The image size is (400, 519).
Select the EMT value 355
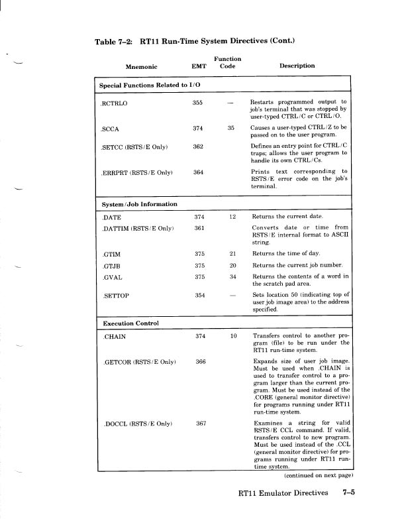(197, 103)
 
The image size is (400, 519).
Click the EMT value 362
(197, 146)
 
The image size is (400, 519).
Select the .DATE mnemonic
(110, 217)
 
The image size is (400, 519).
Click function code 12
(232, 217)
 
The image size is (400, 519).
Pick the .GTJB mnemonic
(111, 265)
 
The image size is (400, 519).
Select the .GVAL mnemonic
(111, 276)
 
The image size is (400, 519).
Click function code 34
(232, 276)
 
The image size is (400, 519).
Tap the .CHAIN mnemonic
(113, 337)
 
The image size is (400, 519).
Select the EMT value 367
(202, 424)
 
